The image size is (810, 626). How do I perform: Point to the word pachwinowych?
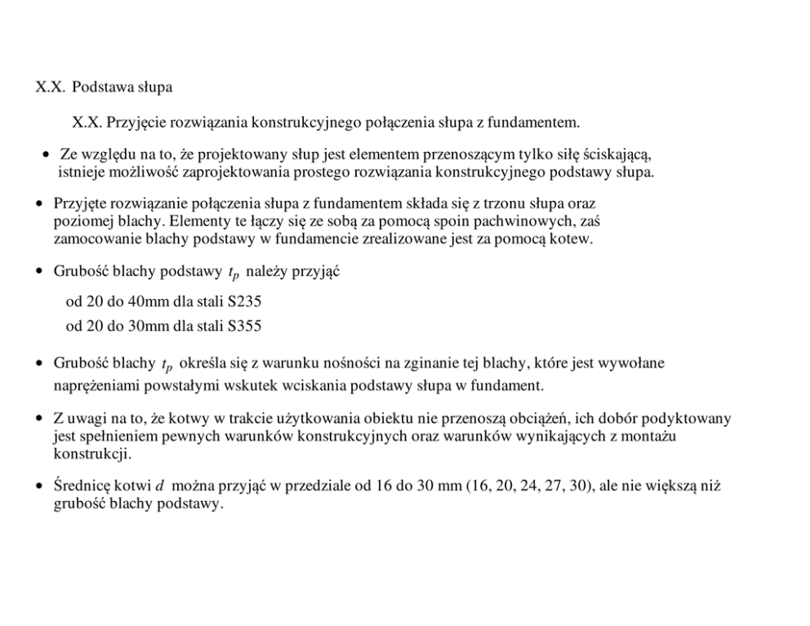click(528, 221)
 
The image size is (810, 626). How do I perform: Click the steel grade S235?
click(245, 301)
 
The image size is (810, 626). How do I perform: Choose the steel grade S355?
click(245, 327)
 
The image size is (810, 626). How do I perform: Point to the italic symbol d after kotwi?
click(159, 487)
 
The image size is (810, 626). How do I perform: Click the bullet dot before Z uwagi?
click(39, 419)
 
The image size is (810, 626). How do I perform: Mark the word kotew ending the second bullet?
click(573, 239)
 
